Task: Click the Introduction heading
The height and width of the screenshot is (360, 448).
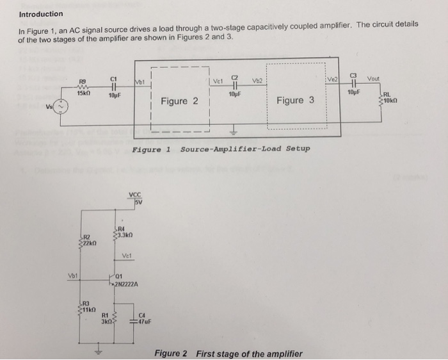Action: (41, 13)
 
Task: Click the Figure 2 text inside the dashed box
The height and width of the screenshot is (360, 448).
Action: (179, 101)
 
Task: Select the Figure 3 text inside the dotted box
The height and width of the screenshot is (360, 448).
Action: (295, 100)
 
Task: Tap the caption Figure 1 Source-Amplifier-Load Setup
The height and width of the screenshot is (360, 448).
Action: (221, 149)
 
